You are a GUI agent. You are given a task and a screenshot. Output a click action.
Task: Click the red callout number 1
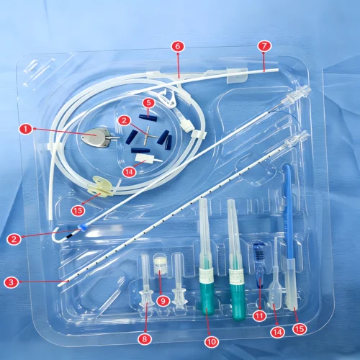click(26, 129)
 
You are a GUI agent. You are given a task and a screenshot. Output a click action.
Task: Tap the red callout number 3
click(12, 282)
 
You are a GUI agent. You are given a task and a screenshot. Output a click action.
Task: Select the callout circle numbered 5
click(148, 103)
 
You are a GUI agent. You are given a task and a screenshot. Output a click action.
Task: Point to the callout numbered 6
click(178, 46)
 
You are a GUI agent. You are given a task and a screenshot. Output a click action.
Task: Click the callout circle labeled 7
click(264, 46)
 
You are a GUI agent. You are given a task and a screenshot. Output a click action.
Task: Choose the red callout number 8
click(145, 339)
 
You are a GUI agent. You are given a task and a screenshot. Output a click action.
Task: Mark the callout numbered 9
click(163, 301)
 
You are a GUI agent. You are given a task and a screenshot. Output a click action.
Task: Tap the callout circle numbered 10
click(212, 342)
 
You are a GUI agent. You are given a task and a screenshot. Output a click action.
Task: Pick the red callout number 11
click(259, 316)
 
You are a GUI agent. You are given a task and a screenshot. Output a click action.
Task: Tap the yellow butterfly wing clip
click(100, 186)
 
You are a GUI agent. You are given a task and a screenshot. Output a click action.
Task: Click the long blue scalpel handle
click(289, 211)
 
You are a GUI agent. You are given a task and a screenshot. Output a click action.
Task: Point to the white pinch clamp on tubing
click(168, 98)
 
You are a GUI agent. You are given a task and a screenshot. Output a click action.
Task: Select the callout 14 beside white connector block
click(129, 172)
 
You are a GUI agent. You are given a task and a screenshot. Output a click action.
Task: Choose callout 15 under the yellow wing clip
click(78, 210)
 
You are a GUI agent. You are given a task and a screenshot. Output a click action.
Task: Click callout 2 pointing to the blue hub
click(14, 239)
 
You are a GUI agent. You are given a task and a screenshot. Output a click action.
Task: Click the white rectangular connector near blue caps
click(146, 158)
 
